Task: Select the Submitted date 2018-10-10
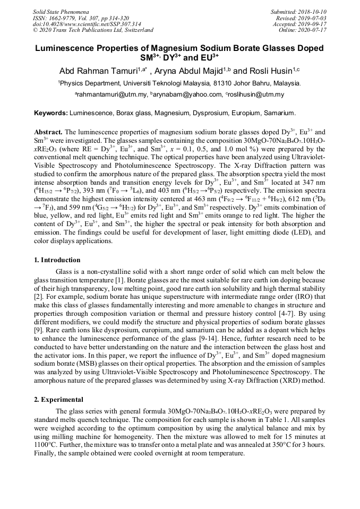(314, 11)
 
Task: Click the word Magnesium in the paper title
(176, 48)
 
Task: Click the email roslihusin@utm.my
(255, 95)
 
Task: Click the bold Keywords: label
(51, 114)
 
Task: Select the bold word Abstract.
(48, 131)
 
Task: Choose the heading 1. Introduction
(57, 260)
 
